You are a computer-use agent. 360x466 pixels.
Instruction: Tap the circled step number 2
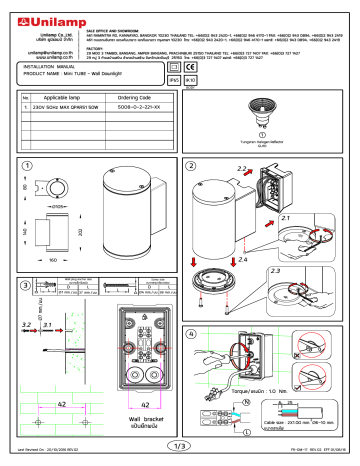tap(191, 164)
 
